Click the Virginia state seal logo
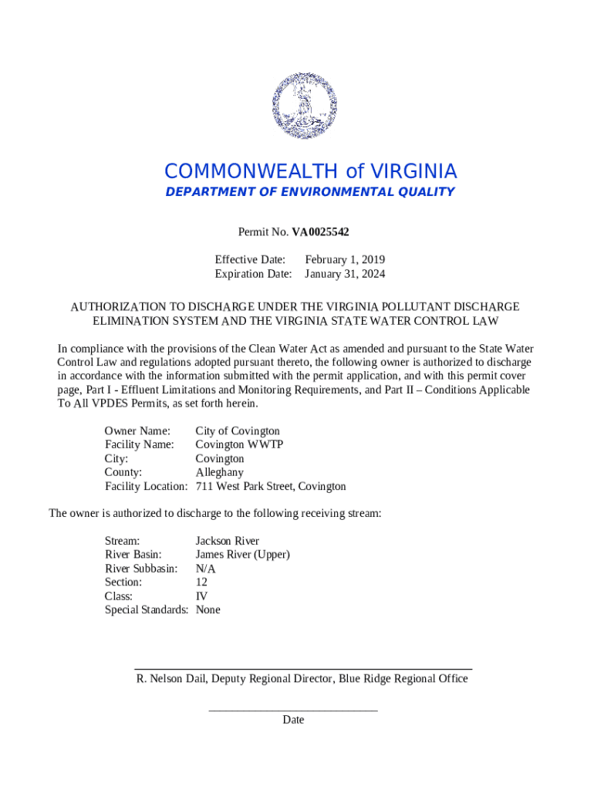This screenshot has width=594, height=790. pos(305,106)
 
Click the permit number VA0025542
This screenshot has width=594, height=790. pos(325,231)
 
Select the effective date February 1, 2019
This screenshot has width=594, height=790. pos(345,260)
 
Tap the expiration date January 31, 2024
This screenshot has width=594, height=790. pos(345,274)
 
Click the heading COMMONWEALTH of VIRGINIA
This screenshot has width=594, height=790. pos(310,171)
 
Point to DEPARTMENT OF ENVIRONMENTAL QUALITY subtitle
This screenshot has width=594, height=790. pos(310,192)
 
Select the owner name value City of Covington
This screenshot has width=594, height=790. pos(238,431)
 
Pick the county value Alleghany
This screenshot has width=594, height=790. pos(219,473)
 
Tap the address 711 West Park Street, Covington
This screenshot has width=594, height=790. pos(271,487)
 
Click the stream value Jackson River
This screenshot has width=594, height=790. pos(227,541)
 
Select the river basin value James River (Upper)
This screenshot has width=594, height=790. pos(242,555)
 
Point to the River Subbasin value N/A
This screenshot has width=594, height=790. pos(205,569)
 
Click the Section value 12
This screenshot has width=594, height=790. pos(201,582)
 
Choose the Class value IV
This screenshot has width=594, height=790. pos(201,596)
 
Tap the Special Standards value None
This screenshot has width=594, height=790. pos(208,610)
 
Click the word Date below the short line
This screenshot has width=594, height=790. pos(293,720)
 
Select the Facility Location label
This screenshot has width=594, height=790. pos(146,487)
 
